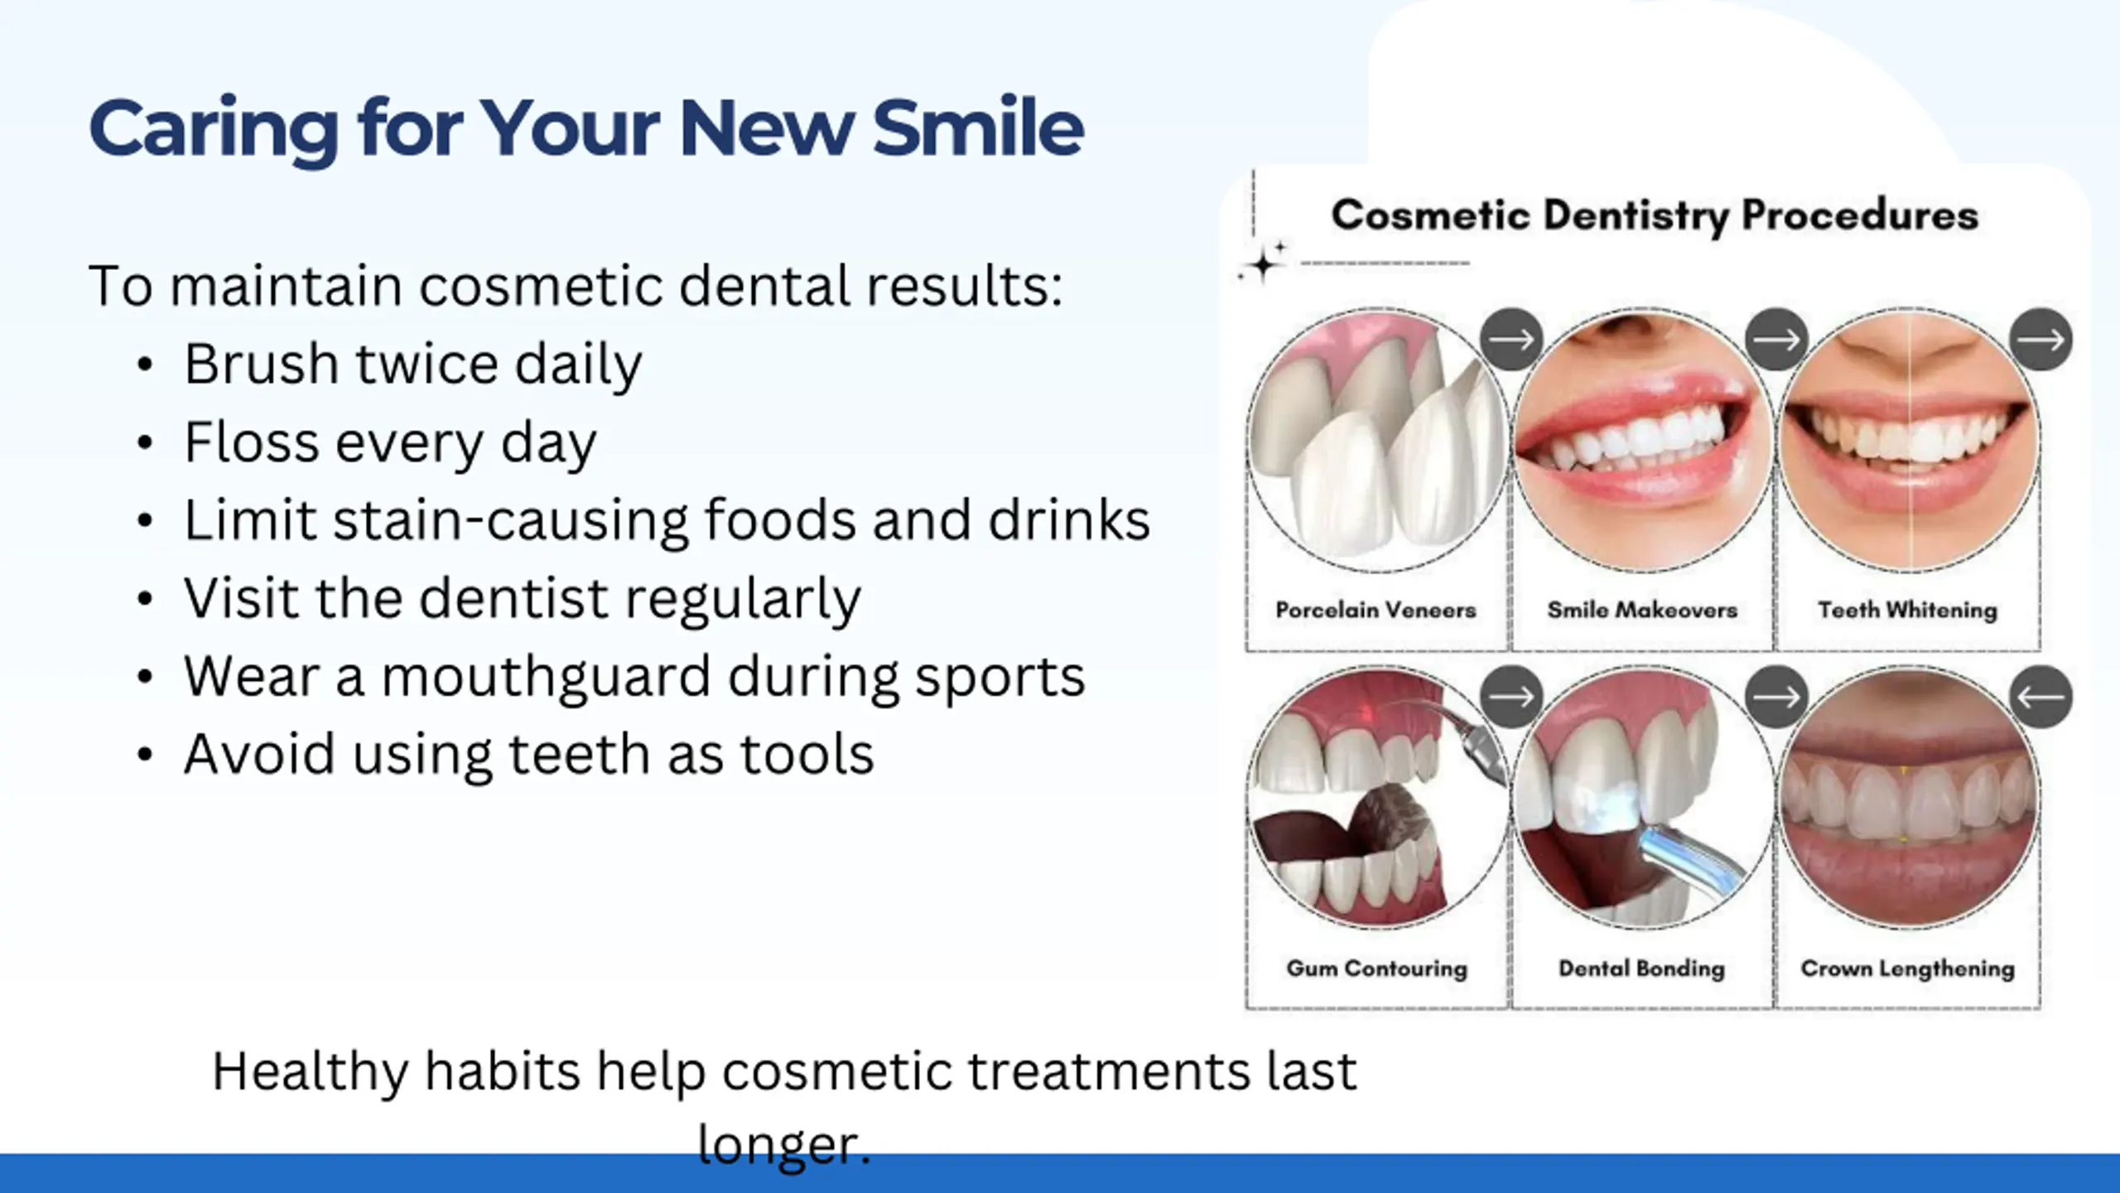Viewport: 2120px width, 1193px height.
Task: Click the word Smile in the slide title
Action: tap(978, 128)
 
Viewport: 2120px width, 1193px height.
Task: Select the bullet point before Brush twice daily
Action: tap(145, 365)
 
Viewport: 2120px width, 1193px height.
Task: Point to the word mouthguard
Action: tap(546, 678)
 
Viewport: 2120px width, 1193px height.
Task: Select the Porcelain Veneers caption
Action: tap(1376, 611)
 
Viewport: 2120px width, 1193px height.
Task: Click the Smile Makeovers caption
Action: tap(1642, 611)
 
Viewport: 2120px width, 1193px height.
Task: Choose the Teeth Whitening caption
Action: tap(1907, 611)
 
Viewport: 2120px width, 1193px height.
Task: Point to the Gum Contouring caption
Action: tap(1376, 968)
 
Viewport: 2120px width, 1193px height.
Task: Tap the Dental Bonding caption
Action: tap(1641, 968)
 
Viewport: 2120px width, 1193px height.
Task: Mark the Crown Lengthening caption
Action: tap(1907, 969)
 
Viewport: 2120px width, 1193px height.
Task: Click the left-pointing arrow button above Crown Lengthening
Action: tap(2041, 697)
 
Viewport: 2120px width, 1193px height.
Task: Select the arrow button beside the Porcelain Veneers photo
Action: tap(1511, 339)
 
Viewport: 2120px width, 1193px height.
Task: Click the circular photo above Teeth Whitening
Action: tap(1908, 440)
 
